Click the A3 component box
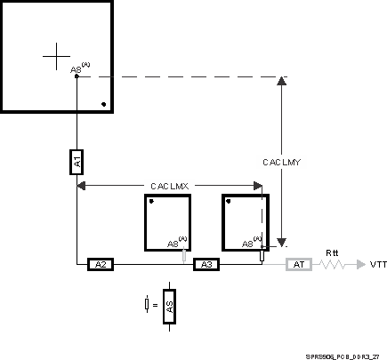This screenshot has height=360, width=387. [206, 264]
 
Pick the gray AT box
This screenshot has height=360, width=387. [298, 264]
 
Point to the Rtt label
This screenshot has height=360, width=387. [332, 252]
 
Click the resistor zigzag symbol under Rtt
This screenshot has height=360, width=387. [331, 264]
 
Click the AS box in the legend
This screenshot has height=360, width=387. [169, 307]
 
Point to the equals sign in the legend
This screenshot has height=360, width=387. [155, 307]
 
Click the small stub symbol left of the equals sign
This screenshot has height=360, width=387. [146, 306]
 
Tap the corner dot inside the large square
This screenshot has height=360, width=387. [104, 104]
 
